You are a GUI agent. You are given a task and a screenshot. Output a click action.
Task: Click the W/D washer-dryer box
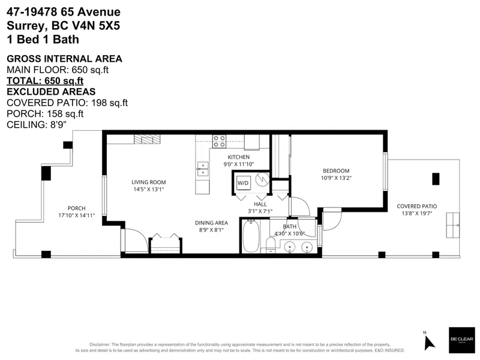[243, 182]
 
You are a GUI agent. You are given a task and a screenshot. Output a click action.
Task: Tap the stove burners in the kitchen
[220, 142]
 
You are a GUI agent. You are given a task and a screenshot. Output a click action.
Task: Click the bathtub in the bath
[251, 237]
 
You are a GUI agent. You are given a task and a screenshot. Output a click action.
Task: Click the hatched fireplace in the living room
[147, 140]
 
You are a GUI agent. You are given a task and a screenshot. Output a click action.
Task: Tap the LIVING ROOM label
[149, 182]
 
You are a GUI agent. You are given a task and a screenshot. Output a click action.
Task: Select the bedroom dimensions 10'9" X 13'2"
[335, 178]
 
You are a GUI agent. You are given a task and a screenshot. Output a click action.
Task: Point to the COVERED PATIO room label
[416, 206]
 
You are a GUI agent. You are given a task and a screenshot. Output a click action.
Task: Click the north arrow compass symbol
[428, 341]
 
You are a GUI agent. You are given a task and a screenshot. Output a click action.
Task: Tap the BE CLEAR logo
[461, 339]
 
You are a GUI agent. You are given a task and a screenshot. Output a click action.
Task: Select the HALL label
[260, 204]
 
